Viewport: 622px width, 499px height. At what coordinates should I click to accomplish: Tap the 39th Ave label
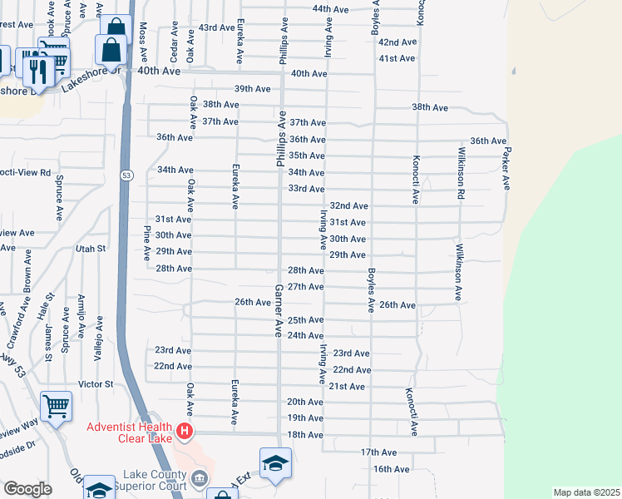(x=252, y=89)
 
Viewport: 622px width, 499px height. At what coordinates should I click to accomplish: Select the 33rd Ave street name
(x=306, y=189)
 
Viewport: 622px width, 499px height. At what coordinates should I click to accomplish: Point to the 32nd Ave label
(x=348, y=205)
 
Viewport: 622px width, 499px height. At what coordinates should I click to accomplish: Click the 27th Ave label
(x=305, y=286)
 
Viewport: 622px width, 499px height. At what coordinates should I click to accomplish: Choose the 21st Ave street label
(x=347, y=387)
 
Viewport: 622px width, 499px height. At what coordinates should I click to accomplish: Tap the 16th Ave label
(x=391, y=469)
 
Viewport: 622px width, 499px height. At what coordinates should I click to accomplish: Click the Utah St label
(x=91, y=248)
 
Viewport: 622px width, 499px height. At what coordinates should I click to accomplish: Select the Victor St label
(x=95, y=384)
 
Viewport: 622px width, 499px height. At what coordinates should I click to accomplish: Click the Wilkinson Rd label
(x=459, y=173)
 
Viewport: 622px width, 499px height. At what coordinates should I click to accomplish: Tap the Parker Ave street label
(x=504, y=163)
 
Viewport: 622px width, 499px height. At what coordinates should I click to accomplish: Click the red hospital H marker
(x=185, y=432)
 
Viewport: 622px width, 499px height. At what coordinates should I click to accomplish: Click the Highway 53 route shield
(x=125, y=175)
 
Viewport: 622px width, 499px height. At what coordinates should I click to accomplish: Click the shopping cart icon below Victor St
(x=56, y=407)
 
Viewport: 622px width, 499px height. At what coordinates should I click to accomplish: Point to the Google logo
(x=27, y=489)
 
